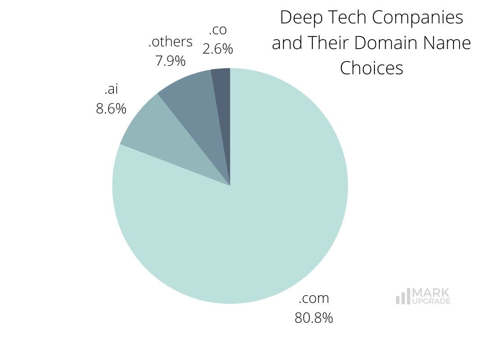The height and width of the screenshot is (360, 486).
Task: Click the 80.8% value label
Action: click(314, 318)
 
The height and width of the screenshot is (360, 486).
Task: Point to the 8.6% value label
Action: click(111, 109)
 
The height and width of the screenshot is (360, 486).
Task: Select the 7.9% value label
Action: click(171, 61)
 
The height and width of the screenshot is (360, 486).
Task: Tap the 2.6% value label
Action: click(218, 49)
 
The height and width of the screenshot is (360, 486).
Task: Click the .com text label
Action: click(314, 298)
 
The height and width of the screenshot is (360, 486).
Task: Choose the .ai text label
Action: click(111, 89)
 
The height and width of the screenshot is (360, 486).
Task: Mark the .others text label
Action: click(171, 42)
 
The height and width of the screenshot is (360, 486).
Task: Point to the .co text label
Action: click(218, 30)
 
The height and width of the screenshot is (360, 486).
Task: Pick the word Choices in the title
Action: click(371, 68)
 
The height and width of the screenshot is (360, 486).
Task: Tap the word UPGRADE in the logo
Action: click(431, 301)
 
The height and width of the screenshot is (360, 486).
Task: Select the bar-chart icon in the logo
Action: click(403, 297)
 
